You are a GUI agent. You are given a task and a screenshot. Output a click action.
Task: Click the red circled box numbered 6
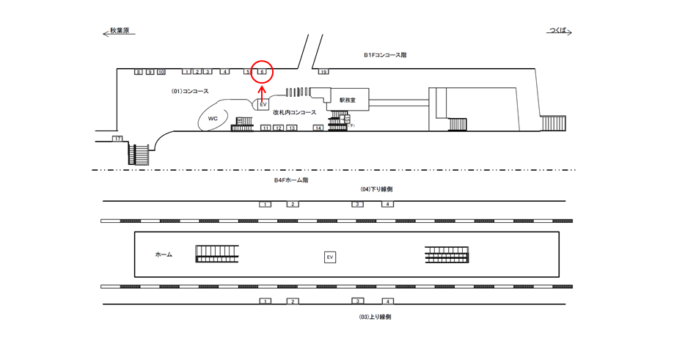coord(262,71)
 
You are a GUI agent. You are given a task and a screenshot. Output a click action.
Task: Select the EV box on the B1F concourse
coord(263,105)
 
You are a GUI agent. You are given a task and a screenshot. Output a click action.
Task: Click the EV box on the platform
coord(330,257)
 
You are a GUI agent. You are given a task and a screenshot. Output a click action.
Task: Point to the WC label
coord(213,118)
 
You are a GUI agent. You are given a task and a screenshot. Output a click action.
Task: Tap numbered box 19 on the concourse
coord(323,72)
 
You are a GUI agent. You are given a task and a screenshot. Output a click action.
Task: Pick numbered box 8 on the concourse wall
coord(138,72)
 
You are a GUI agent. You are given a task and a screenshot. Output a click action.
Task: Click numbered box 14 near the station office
coord(318,128)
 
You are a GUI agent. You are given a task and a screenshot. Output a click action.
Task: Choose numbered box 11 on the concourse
coord(265,128)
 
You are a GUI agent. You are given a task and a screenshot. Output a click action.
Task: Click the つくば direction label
coord(559,32)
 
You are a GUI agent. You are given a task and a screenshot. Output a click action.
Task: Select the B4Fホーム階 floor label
coord(291,180)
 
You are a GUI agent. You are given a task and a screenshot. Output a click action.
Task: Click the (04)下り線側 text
coord(376,189)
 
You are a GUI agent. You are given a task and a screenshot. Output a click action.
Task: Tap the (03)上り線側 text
coord(376,317)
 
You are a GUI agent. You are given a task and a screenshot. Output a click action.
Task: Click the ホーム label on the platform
coord(164,254)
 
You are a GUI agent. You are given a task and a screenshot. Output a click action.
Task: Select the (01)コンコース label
coord(190,91)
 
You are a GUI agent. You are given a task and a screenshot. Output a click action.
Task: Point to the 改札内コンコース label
coord(294,112)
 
